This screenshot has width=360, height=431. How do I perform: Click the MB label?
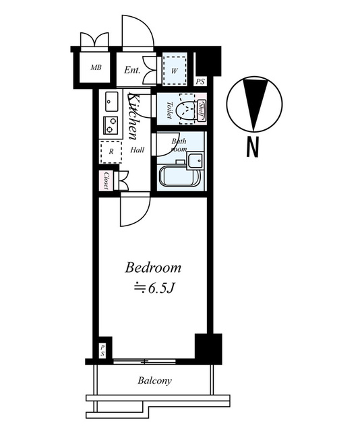pyautogui.click(x=96, y=67)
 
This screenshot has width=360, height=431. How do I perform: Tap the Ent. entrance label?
pyautogui.click(x=132, y=70)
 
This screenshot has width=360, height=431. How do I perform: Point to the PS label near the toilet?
pyautogui.click(x=200, y=81)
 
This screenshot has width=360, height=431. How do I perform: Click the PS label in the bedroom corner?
pyautogui.click(x=102, y=350)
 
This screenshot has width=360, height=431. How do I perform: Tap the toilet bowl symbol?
pyautogui.click(x=186, y=109)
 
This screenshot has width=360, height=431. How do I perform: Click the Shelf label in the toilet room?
pyautogui.click(x=201, y=110)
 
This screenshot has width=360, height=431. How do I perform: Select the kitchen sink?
pyautogui.click(x=111, y=101)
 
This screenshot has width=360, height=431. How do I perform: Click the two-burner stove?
pyautogui.click(x=110, y=125)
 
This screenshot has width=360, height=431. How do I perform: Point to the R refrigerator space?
pyautogui.click(x=111, y=152)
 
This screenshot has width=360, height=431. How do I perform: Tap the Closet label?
pyautogui.click(x=106, y=181)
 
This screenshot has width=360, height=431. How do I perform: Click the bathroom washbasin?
pyautogui.click(x=195, y=160)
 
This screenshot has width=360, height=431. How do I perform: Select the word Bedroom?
pyautogui.click(x=153, y=267)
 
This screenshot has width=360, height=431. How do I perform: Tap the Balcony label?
pyautogui.click(x=154, y=380)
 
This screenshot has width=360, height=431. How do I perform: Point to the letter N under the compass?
pyautogui.click(x=252, y=147)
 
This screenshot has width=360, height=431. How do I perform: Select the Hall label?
pyautogui.click(x=137, y=150)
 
